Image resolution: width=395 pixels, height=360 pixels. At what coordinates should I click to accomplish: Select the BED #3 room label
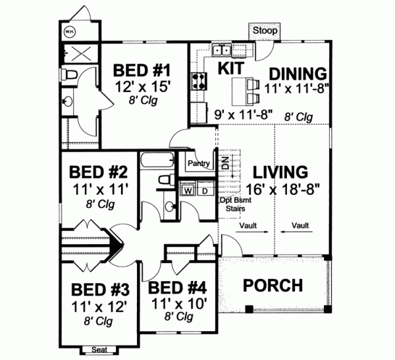(x=99, y=290)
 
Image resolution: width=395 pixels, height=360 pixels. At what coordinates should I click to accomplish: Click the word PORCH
(x=273, y=286)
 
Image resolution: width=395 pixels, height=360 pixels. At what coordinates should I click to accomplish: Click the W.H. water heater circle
(x=68, y=30)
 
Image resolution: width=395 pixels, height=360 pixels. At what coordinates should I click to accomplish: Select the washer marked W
(x=187, y=191)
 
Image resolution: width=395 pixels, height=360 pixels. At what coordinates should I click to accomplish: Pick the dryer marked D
(x=204, y=191)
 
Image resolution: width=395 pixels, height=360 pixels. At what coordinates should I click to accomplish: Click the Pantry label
(x=199, y=163)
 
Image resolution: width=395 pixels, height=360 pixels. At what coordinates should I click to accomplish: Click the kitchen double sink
(x=221, y=49)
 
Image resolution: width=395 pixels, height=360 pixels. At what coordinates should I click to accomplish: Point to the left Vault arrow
(x=251, y=230)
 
